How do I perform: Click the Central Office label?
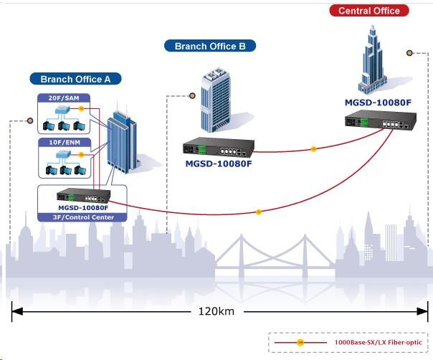click(369, 11)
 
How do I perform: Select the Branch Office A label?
click(75, 79)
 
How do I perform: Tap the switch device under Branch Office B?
click(219, 151)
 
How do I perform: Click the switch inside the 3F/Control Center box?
click(80, 196)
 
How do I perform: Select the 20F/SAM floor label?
click(59, 98)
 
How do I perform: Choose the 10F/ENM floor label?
click(59, 144)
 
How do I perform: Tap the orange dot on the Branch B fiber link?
click(313, 149)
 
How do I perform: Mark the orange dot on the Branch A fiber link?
click(260, 212)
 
